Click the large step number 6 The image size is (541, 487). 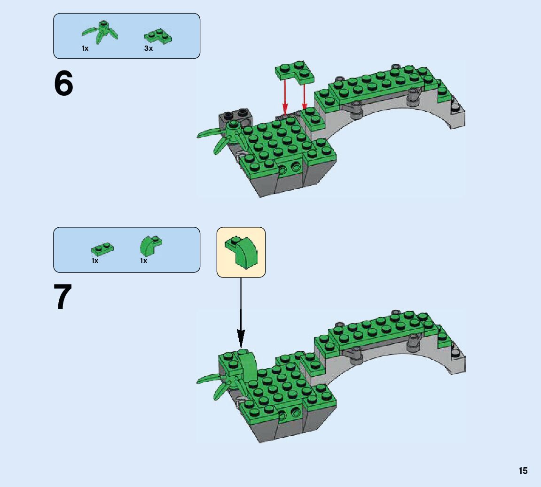(x=64, y=84)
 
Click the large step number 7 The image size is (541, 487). (x=64, y=298)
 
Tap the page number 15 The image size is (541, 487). (x=523, y=471)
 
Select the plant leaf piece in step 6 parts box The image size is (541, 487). (x=100, y=31)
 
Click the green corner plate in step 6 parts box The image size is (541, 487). (x=158, y=36)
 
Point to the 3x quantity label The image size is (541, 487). (x=149, y=48)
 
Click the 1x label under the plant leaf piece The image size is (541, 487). (x=85, y=48)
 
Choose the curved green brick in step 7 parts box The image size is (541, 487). (x=150, y=245)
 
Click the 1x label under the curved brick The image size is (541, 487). (x=143, y=261)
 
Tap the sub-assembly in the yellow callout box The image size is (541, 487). (x=241, y=252)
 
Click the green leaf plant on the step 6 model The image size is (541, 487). (x=221, y=136)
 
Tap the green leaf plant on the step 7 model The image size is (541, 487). (x=221, y=380)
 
